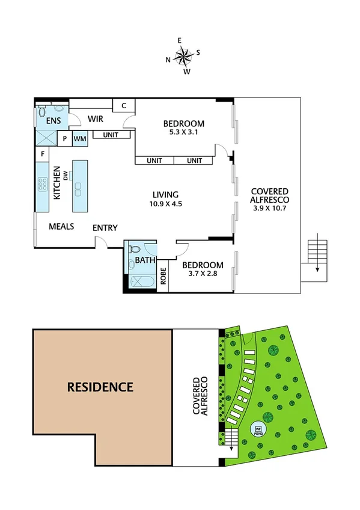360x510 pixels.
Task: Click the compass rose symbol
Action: tap(183, 57)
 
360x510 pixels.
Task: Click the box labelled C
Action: tap(123, 106)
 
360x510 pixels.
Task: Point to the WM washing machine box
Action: tap(80, 139)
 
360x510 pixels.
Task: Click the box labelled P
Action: tap(65, 139)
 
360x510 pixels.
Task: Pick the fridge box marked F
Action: tap(43, 154)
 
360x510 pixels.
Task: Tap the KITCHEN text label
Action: tap(57, 183)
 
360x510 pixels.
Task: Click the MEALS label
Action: tap(61, 227)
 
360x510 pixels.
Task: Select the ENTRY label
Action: tap(105, 228)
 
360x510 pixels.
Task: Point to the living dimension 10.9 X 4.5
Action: tap(166, 204)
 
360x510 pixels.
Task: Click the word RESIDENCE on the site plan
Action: tap(100, 387)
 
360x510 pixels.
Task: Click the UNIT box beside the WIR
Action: tap(110, 135)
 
